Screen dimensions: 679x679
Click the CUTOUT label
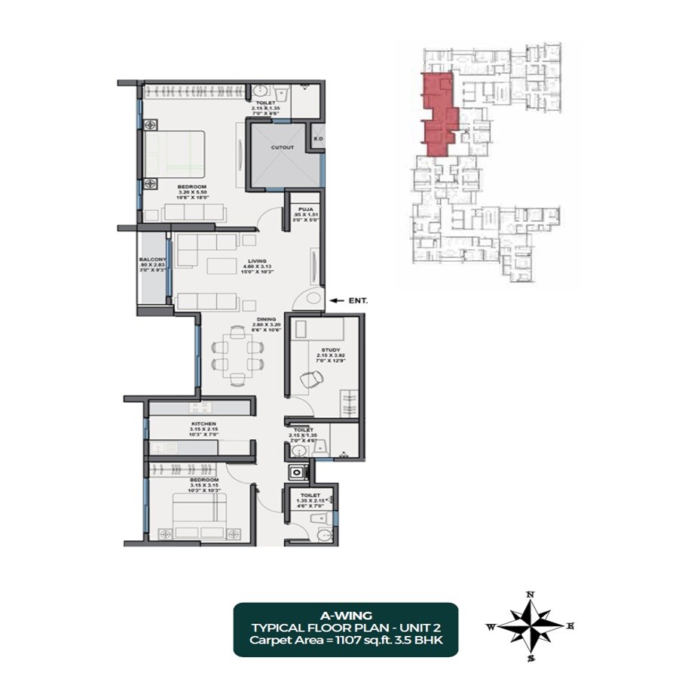[x=283, y=148]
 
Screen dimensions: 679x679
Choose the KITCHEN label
[x=203, y=424]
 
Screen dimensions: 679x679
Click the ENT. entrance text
[x=358, y=300]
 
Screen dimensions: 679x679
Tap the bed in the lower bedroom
[x=200, y=515]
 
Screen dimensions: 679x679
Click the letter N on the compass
[x=531, y=595]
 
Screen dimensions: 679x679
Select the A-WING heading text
[x=344, y=615]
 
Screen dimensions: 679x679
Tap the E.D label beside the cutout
[x=318, y=140]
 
